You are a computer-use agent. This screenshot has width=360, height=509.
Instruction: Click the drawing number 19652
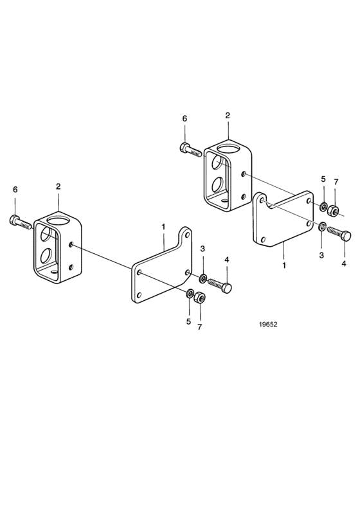pos(268,325)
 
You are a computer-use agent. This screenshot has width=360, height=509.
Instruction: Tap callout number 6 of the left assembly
pos(15,190)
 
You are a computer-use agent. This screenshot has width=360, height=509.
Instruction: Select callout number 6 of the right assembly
pos(184,119)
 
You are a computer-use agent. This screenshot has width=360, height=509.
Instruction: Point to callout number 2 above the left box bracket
pos(58,186)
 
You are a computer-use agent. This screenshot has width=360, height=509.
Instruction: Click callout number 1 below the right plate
pos(284,265)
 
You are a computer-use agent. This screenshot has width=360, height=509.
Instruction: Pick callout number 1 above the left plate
pos(163,227)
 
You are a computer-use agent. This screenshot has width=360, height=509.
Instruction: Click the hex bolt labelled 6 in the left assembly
pos(20,222)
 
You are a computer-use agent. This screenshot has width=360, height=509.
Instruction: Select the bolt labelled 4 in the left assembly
pos(220,284)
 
